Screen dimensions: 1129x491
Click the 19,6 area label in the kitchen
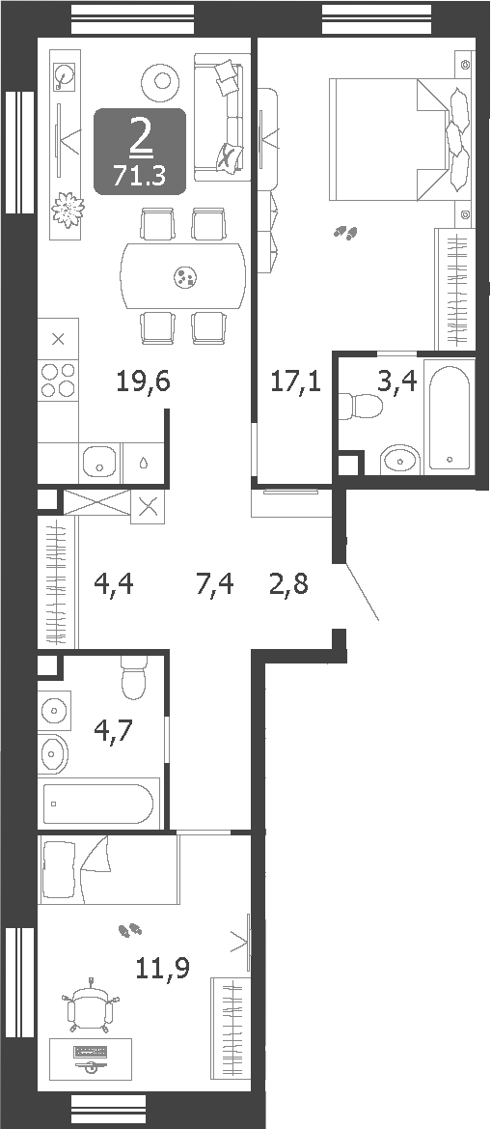tap(143, 382)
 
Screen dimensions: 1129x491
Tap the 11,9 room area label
tap(160, 966)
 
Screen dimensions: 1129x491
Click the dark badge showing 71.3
tap(140, 152)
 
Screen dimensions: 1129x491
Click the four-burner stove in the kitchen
tap(58, 380)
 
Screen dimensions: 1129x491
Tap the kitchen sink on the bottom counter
tap(97, 463)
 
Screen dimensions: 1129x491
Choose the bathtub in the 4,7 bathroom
tap(97, 804)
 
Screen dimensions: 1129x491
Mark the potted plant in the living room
tap(67, 210)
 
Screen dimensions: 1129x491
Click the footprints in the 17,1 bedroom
tap(345, 232)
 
